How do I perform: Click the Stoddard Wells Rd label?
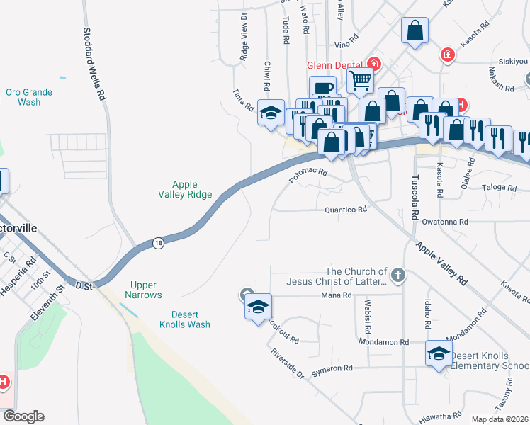click(x=94, y=63)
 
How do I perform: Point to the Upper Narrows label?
click(x=143, y=290)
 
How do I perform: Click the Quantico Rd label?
click(x=345, y=210)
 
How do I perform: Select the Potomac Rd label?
click(x=308, y=176)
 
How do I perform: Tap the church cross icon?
click(x=398, y=274)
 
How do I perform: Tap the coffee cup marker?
click(x=322, y=89)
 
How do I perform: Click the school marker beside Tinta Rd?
click(x=271, y=113)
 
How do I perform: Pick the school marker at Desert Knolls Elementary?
click(x=439, y=353)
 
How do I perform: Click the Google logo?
click(x=23, y=416)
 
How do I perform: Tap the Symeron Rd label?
click(x=328, y=368)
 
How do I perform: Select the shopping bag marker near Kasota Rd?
click(x=415, y=31)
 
